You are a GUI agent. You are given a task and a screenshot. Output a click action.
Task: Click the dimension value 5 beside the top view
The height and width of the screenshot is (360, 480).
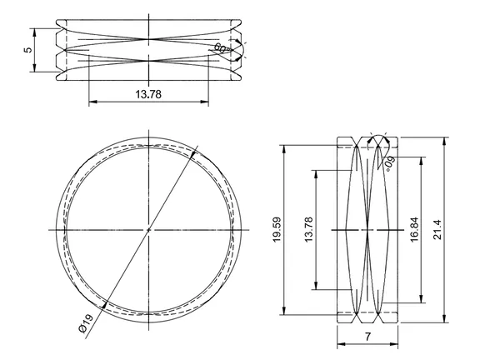tap(27, 50)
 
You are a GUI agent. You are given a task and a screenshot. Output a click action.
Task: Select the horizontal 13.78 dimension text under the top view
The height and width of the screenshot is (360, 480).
tap(148, 94)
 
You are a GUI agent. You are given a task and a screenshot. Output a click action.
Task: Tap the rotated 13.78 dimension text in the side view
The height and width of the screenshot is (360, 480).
tap(309, 230)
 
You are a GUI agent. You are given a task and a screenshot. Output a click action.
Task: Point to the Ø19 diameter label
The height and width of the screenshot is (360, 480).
tap(86, 323)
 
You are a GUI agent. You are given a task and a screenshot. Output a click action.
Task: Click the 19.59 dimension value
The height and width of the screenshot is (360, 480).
tap(277, 230)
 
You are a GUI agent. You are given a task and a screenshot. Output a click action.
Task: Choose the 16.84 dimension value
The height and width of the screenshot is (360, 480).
tap(414, 230)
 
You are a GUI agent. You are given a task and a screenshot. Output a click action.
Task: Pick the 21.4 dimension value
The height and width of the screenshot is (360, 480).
tap(437, 230)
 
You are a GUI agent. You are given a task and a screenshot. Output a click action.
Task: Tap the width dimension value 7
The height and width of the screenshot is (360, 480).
tap(367, 337)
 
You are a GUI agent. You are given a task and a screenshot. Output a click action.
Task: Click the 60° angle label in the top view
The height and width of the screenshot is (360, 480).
tap(221, 48)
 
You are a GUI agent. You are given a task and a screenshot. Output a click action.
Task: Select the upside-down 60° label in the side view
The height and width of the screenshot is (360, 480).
tap(390, 163)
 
